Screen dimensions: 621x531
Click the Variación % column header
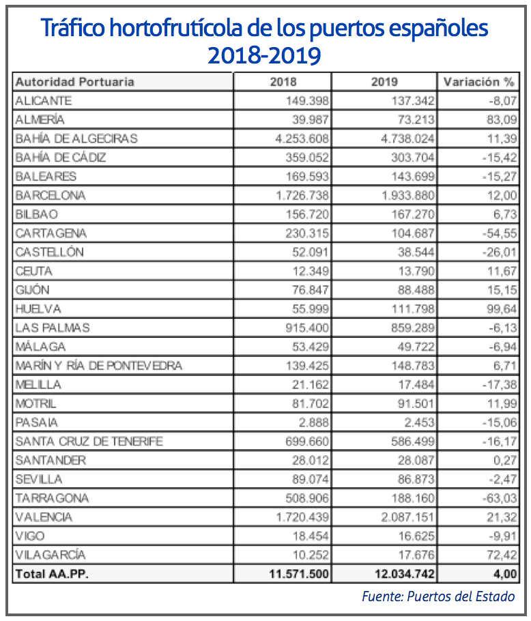pyautogui.click(x=478, y=82)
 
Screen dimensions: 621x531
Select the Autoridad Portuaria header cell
pyautogui.click(x=75, y=82)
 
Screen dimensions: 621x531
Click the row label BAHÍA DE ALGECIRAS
pyautogui.click(x=76, y=139)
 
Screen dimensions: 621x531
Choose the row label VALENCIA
pyautogui.click(x=44, y=517)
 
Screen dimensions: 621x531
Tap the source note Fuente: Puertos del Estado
pyautogui.click(x=438, y=596)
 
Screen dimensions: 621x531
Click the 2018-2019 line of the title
pyautogui.click(x=265, y=55)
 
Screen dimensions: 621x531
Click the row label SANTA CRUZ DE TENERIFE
pyautogui.click(x=89, y=442)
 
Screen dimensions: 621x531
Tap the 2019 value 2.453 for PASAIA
pyautogui.click(x=416, y=422)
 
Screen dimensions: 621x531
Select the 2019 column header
pyautogui.click(x=385, y=82)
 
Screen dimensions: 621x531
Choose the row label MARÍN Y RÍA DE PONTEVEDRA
pyautogui.click(x=99, y=366)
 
